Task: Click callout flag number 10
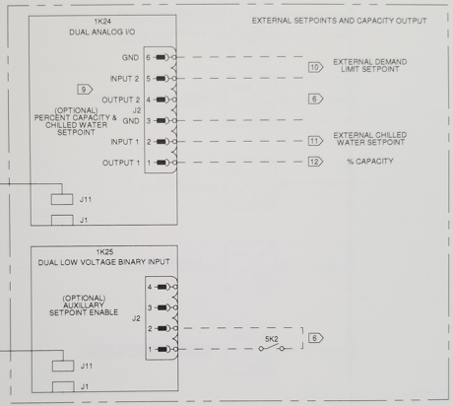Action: point(315,67)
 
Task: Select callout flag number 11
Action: point(315,141)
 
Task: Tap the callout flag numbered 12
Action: point(315,162)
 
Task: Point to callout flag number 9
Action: point(85,90)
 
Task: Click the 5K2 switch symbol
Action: point(272,348)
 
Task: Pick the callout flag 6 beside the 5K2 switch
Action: point(315,338)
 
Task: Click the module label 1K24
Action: point(102,22)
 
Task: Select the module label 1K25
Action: point(104,252)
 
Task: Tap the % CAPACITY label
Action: point(370,162)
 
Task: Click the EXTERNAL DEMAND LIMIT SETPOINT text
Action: point(370,65)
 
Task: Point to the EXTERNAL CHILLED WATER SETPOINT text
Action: point(370,139)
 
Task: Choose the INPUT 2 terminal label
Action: point(124,79)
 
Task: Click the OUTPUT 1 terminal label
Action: point(121,163)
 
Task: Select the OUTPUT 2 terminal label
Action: point(121,100)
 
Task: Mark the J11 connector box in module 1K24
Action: point(62,199)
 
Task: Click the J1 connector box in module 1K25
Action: point(63,386)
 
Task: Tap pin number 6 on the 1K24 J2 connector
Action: point(149,57)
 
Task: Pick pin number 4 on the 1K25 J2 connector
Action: point(150,287)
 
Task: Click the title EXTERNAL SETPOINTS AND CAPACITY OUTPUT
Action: point(339,21)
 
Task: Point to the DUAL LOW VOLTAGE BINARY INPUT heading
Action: point(104,262)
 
